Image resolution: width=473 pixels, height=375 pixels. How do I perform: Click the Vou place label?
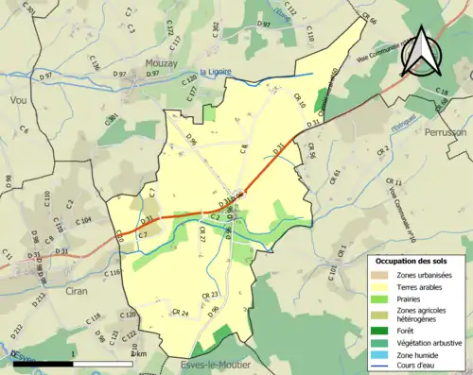[16, 97]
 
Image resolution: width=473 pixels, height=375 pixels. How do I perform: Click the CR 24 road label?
[180, 313]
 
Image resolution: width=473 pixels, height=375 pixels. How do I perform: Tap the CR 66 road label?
[368, 19]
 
